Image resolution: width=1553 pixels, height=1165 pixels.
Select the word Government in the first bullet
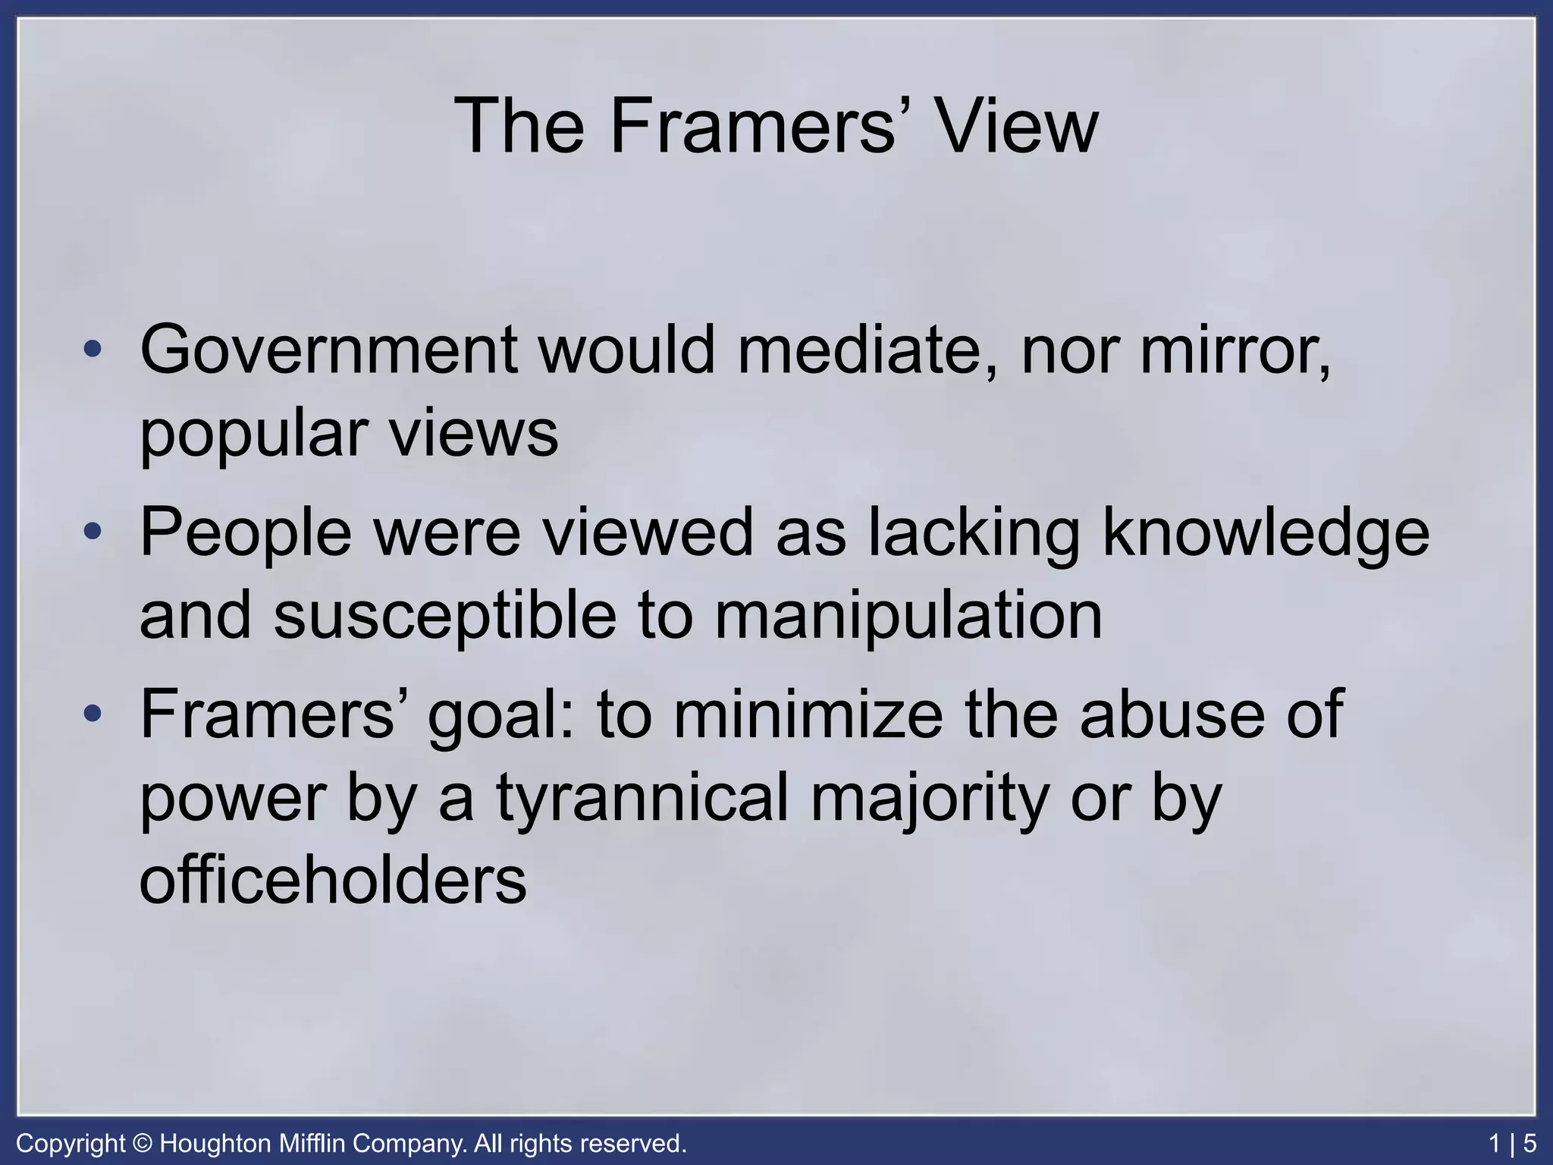329,350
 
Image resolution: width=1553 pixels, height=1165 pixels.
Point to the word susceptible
445,617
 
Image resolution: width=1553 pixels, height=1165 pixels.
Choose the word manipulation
908,617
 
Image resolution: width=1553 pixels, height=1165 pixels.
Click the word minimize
808,714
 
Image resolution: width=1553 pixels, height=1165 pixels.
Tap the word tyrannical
643,799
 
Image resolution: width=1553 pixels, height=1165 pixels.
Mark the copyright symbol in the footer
142,1143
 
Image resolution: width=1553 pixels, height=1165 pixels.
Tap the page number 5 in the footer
1529,1143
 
